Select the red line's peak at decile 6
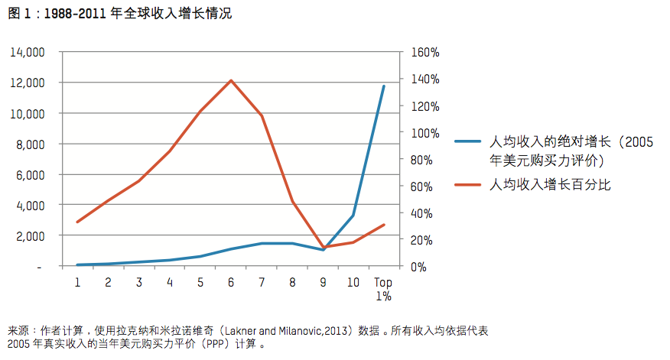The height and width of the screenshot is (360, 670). click(x=231, y=80)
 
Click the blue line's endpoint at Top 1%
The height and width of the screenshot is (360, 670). click(x=384, y=86)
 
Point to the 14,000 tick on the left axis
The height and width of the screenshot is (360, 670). click(x=28, y=52)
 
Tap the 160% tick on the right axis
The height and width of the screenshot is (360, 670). click(x=425, y=52)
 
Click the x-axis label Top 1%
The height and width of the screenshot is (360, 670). click(x=384, y=288)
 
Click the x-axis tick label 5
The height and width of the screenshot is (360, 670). click(x=200, y=282)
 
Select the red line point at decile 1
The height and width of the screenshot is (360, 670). click(x=77, y=222)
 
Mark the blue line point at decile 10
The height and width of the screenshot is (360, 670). click(x=353, y=216)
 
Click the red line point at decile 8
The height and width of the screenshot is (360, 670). click(x=292, y=201)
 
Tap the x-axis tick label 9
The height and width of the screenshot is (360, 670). click(x=323, y=282)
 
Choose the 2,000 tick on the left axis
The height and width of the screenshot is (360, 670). click(x=32, y=236)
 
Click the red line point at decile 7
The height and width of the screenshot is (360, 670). click(x=262, y=115)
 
